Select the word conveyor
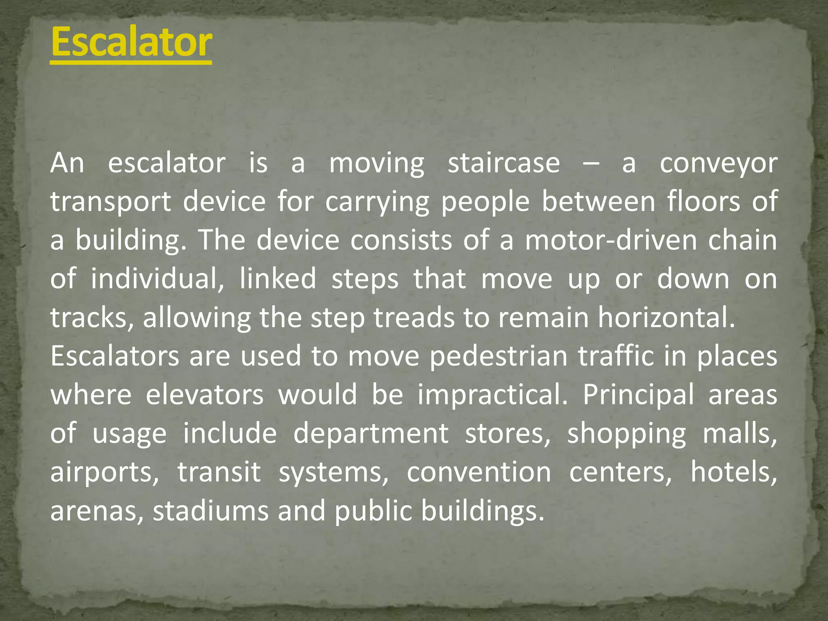[718, 164]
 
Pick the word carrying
[377, 202]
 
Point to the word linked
[278, 279]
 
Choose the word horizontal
[667, 317]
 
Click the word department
[371, 433]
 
